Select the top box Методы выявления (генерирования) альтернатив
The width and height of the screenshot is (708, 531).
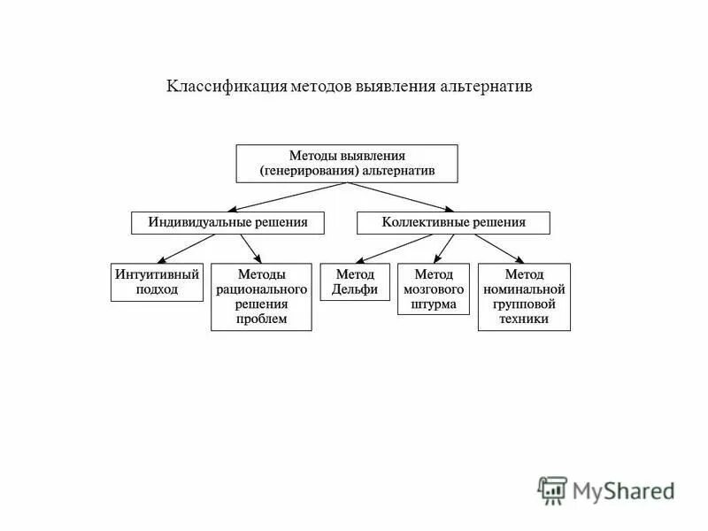347,164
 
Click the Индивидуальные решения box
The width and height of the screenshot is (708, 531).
227,223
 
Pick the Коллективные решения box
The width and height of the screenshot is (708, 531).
453,223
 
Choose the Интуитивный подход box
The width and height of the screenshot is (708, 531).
157,282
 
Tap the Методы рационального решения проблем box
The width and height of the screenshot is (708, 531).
261,296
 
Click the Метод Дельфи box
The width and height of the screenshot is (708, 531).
355,282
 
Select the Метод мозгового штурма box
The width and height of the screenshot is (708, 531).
434,289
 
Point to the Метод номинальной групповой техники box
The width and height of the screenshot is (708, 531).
524,296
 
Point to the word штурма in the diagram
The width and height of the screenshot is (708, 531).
434,304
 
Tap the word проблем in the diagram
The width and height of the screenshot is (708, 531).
261,319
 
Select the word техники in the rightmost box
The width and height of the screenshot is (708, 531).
524,319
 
